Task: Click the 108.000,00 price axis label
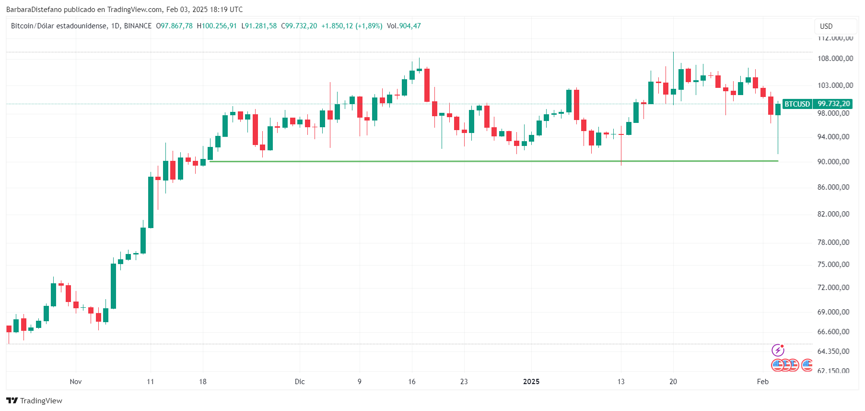pyautogui.click(x=835, y=59)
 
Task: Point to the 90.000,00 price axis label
pyautogui.click(x=833, y=162)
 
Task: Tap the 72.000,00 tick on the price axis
pyautogui.click(x=833, y=288)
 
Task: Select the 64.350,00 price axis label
pyautogui.click(x=833, y=351)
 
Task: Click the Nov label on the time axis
pyautogui.click(x=76, y=382)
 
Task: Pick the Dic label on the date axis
pyautogui.click(x=300, y=382)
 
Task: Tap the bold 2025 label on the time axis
pyautogui.click(x=531, y=382)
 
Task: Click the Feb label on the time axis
pyautogui.click(x=762, y=382)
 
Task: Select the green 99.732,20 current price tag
pyautogui.click(x=833, y=104)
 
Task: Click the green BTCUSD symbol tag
pyautogui.click(x=797, y=104)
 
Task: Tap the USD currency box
pyautogui.click(x=826, y=26)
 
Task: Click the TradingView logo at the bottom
pyautogui.click(x=35, y=400)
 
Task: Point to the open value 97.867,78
pyautogui.click(x=176, y=26)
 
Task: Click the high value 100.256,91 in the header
pyautogui.click(x=219, y=26)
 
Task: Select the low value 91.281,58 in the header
pyautogui.click(x=261, y=26)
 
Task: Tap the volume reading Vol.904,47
pyautogui.click(x=404, y=26)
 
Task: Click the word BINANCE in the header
pyautogui.click(x=138, y=26)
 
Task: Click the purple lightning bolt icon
pyautogui.click(x=777, y=351)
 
